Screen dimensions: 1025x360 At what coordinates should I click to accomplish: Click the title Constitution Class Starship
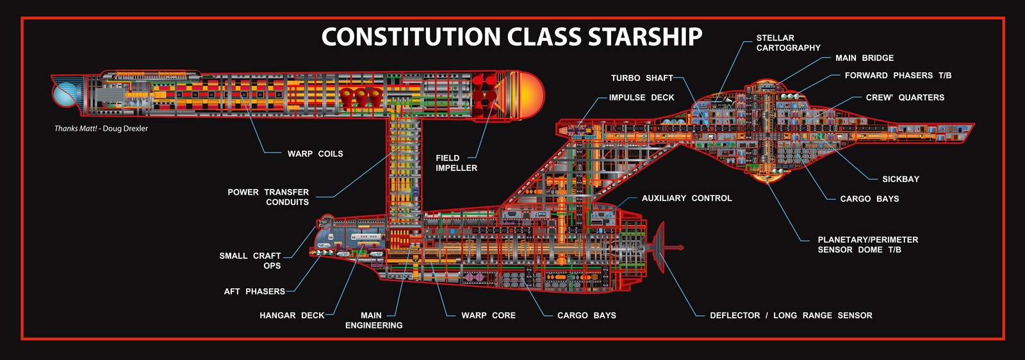click(512, 37)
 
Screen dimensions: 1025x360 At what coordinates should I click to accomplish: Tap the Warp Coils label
click(315, 154)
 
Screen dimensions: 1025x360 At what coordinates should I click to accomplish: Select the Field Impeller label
click(456, 163)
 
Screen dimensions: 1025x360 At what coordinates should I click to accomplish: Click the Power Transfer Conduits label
click(268, 197)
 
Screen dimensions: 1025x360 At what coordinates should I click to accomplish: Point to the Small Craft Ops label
click(250, 261)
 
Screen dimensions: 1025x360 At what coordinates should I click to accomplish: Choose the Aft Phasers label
click(254, 291)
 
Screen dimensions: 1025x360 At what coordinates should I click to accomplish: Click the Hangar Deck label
click(292, 315)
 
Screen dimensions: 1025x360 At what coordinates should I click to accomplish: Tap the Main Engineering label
click(374, 320)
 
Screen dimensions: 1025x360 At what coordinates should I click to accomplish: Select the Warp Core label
click(488, 315)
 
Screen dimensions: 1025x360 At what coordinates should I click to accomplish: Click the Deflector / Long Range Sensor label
click(791, 315)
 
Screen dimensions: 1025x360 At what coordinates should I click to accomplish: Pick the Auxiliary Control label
click(687, 198)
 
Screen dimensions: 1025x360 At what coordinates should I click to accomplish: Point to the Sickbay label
click(901, 179)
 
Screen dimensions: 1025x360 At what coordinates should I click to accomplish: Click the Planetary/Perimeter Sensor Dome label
click(868, 245)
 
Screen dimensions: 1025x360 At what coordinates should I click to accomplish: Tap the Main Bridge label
click(864, 58)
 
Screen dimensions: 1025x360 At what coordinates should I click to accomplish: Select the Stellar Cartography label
click(789, 42)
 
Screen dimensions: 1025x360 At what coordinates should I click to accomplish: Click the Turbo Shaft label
click(642, 78)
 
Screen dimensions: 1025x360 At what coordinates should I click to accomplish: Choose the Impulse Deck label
click(641, 97)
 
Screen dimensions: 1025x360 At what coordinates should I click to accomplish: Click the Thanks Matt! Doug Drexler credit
click(101, 129)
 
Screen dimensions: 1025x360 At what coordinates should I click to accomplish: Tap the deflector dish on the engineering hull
click(659, 247)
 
